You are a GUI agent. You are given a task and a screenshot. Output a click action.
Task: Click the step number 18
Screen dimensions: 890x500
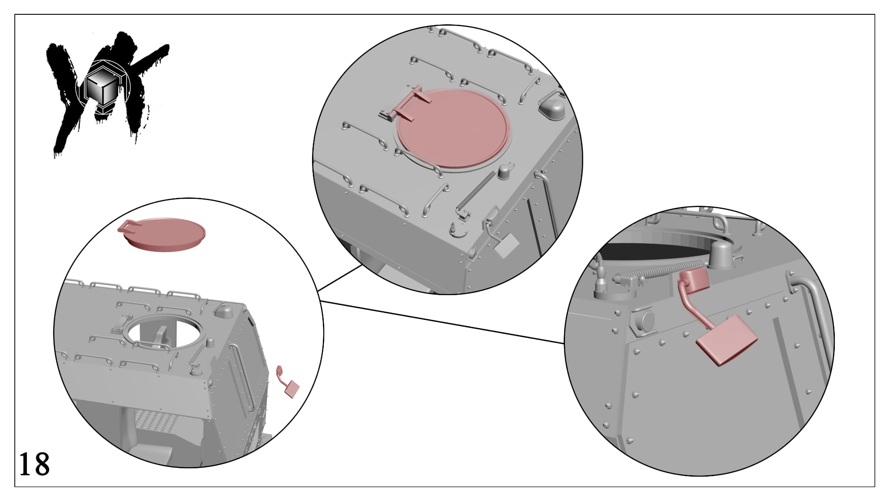point(34,464)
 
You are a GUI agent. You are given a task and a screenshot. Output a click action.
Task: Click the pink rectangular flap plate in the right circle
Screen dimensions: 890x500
point(727,341)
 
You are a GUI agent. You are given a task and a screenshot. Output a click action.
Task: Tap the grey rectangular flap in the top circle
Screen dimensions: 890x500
point(506,247)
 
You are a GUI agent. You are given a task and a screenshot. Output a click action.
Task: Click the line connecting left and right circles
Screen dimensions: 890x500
point(442,322)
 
